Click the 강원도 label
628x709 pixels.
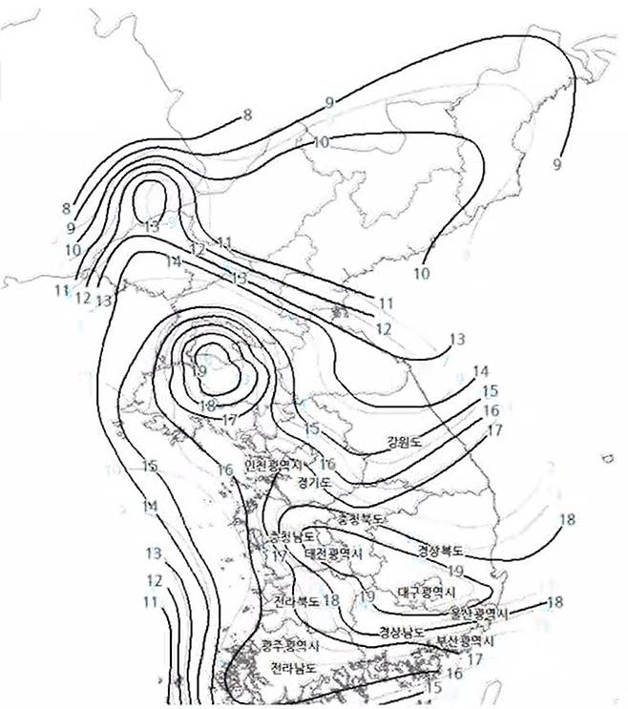pos(405,443)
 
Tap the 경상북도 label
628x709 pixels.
pos(441,551)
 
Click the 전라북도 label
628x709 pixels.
pos(295,601)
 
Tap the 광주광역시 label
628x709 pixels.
pos(289,645)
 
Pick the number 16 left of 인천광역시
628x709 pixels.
pos(226,469)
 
